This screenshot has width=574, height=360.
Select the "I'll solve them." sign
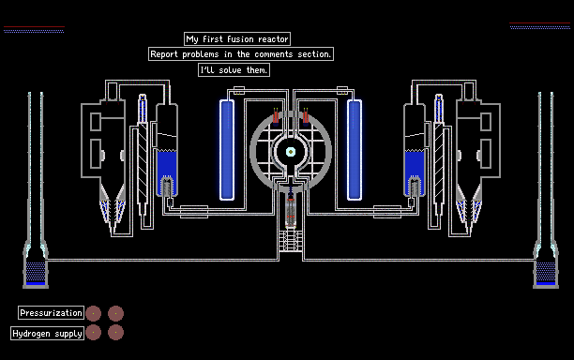click(x=234, y=70)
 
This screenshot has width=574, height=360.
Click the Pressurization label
click(x=51, y=313)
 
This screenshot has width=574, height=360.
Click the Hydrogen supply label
click(x=47, y=334)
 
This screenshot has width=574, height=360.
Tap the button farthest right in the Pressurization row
click(x=115, y=313)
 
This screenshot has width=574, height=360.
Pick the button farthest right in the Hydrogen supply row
click(x=115, y=333)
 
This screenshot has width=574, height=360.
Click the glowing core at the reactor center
click(x=291, y=152)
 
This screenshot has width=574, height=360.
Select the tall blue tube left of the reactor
click(x=227, y=150)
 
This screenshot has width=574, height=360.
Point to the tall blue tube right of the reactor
click(x=354, y=150)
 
